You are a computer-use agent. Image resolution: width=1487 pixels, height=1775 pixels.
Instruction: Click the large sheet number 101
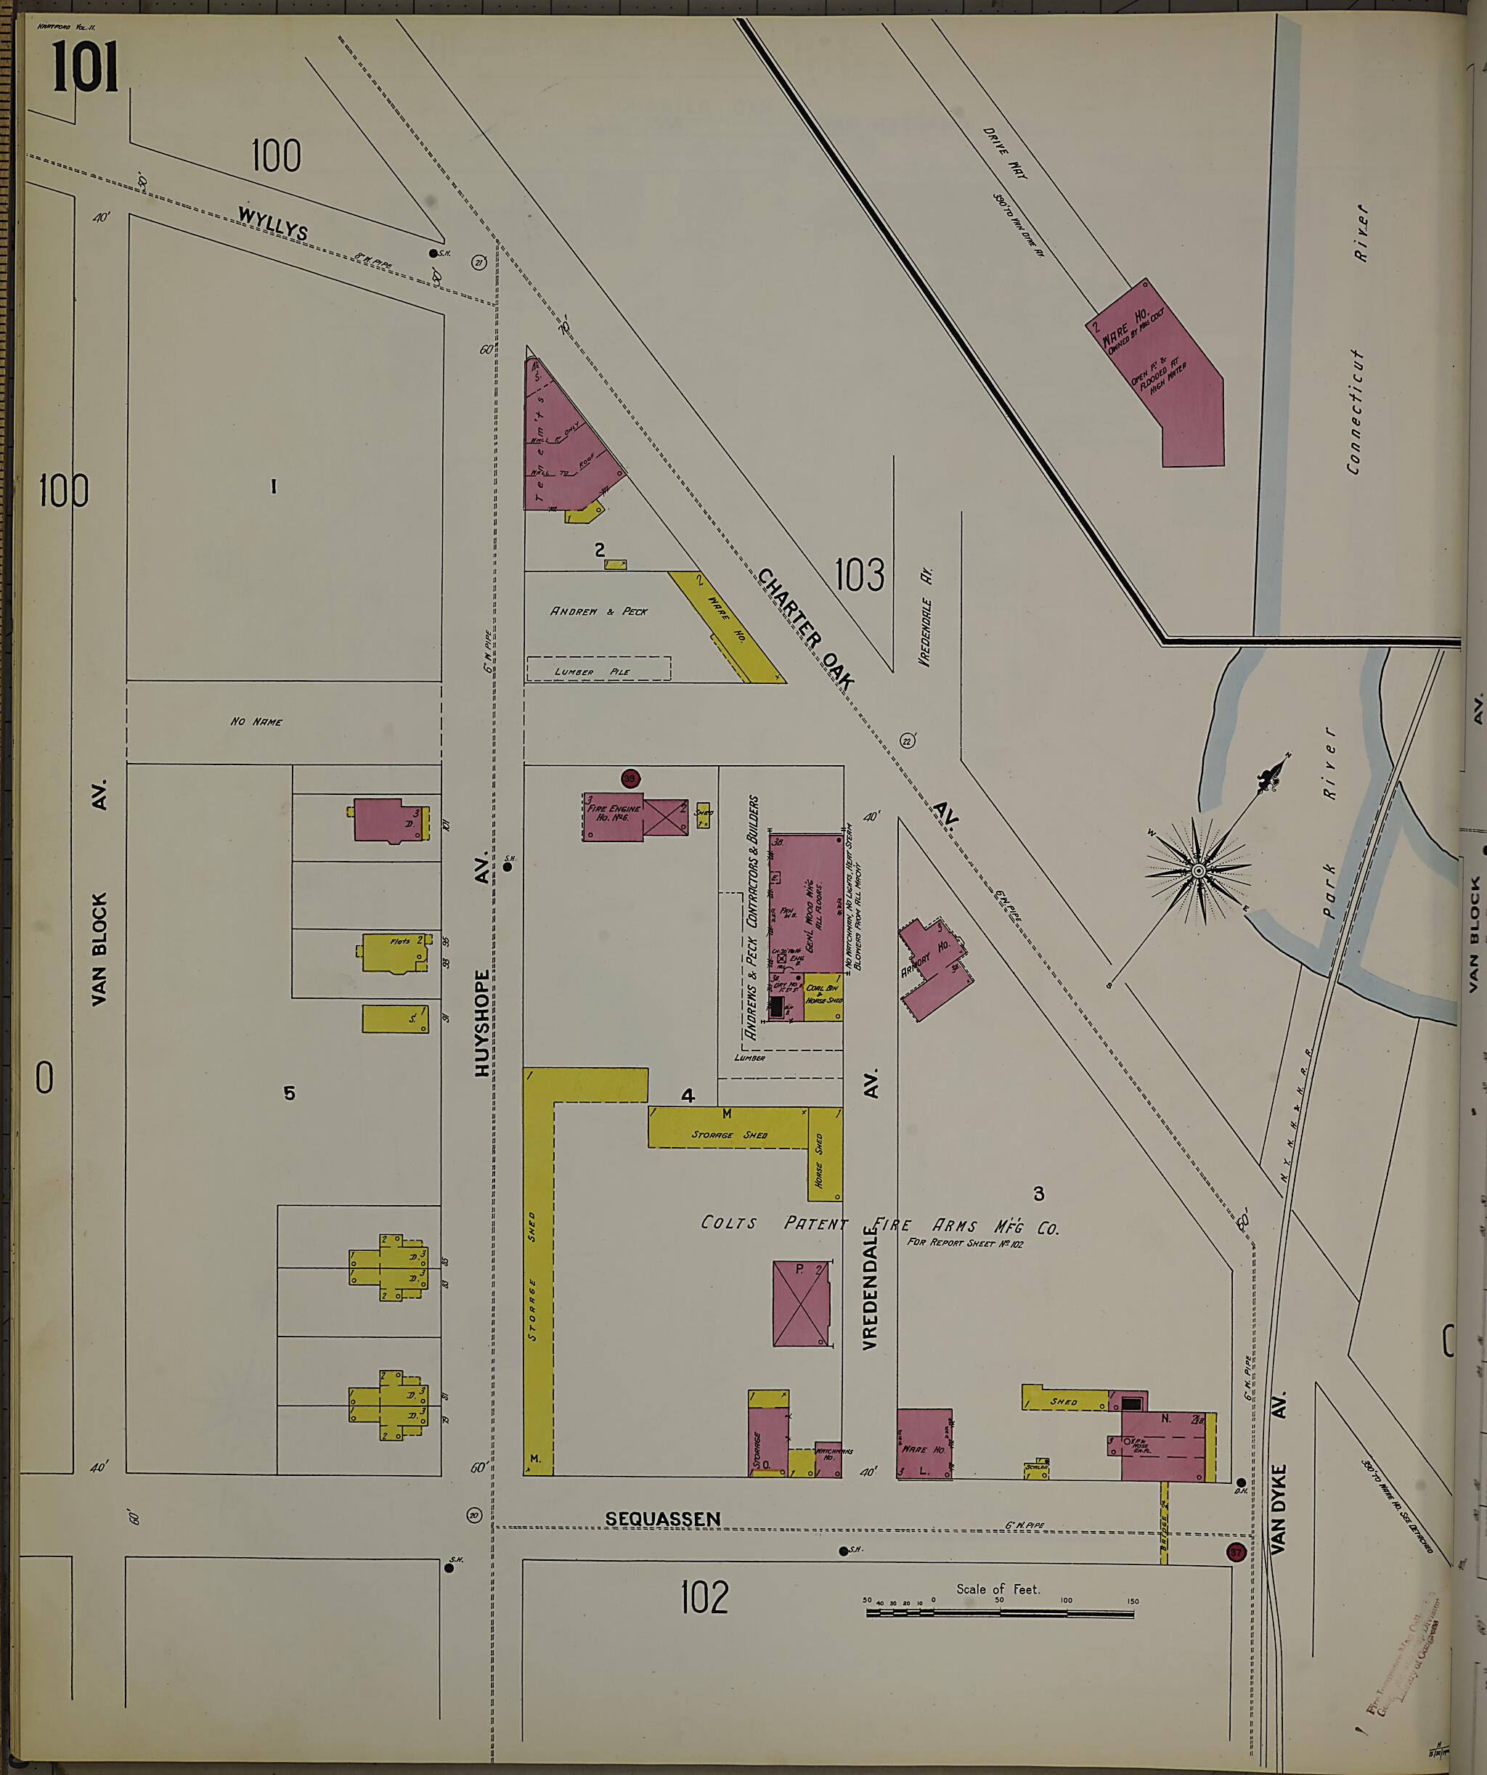[84, 68]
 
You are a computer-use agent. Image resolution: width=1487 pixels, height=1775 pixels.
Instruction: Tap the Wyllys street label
[272, 223]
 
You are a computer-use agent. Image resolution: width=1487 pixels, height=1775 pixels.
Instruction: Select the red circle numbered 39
[630, 777]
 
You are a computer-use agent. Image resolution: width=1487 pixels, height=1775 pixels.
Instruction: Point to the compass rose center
[1197, 871]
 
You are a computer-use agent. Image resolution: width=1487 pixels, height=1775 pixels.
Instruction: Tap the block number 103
[859, 575]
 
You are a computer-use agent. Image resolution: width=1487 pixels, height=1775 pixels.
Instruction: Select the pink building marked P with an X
[801, 1303]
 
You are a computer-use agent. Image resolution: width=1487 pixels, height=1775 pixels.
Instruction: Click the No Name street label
[256, 722]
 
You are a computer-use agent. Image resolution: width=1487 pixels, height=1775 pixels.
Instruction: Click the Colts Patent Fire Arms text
[879, 1225]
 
